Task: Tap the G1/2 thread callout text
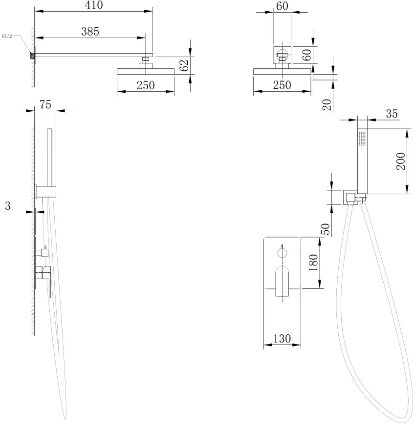pos(9,36)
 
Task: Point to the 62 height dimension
pos(184,65)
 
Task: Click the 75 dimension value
pos(45,105)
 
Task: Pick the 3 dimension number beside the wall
pos(7,205)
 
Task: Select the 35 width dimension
pos(392,114)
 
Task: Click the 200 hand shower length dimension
pos(401,161)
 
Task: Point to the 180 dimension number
pos(313,262)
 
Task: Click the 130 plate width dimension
pos(282,338)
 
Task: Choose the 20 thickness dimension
pos(327,103)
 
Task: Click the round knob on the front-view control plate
pos(283,252)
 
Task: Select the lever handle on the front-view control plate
pos(282,281)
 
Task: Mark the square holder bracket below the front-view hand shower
pos(350,197)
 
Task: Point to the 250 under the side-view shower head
pos(145,85)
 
